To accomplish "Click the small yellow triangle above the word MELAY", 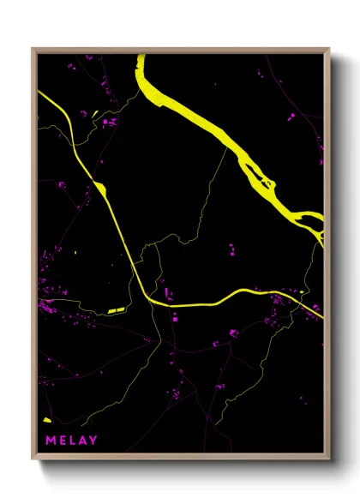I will pyautogui.click(x=46, y=419).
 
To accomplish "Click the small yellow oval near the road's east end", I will pyautogui.click(x=303, y=292).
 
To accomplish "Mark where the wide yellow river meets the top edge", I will pyautogui.click(x=141, y=57).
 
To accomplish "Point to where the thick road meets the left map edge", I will pyautogui.click(x=39, y=93).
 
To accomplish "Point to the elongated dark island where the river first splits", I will pyautogui.click(x=257, y=172).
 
